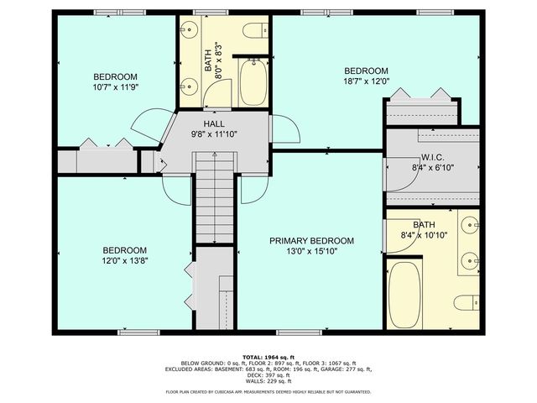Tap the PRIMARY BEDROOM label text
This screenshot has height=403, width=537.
tap(311, 241)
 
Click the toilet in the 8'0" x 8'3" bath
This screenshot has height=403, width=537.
tap(254, 32)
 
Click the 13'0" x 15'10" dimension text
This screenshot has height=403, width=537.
tap(311, 253)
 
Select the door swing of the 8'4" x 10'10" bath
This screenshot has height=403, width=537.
tap(394, 233)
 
